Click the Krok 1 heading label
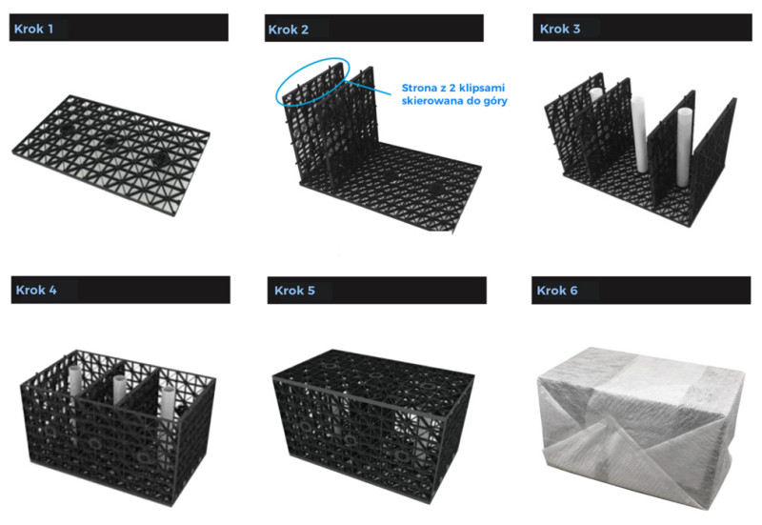pos(33,29)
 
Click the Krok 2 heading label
pos(289,30)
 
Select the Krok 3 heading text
pos(560,29)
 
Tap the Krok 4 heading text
pos(36,291)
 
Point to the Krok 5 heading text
pos(294,291)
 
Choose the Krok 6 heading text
pos(557,291)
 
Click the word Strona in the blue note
pos(419,88)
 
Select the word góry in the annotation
pos(494,101)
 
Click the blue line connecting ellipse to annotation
pos(369,88)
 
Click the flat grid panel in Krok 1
pos(111,154)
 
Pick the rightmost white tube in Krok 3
pos(684,147)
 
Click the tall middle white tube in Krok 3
pos(639,134)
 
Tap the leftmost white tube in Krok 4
pos(75,384)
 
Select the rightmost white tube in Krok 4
pos(168,402)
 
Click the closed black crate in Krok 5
pos(373,425)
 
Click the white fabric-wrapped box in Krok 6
pos(640,427)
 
